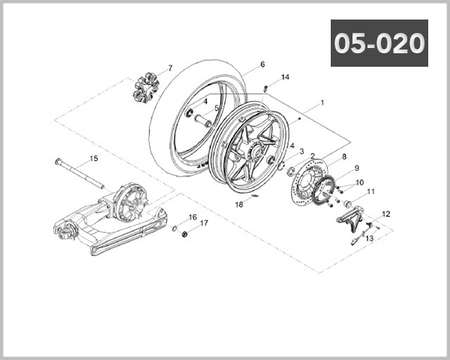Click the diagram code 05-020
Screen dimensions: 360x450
(379, 44)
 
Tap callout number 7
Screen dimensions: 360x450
(169, 68)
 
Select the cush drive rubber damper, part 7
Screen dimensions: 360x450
(145, 87)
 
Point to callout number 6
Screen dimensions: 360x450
(262, 64)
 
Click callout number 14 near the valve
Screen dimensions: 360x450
(285, 77)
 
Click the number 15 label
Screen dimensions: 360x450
(94, 158)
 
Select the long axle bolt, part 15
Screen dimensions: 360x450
(82, 172)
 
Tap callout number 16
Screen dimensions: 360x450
(193, 217)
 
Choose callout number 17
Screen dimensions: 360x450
(203, 223)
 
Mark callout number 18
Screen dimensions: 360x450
(238, 204)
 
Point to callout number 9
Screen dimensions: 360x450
(357, 168)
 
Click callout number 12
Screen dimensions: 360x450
(386, 214)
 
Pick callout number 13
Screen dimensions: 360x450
(368, 239)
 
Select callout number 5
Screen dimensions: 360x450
(217, 108)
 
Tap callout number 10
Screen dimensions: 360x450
(359, 182)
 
